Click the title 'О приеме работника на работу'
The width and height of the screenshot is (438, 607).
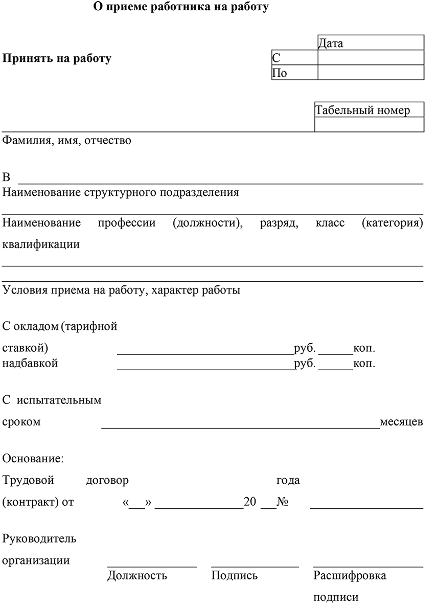pos(181,8)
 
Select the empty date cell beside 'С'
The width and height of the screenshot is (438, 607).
pos(371,58)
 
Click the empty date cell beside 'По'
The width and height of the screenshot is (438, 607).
pos(371,73)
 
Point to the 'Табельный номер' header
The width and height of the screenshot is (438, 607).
pos(362,110)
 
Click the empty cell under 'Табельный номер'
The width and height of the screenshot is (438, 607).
pos(369,124)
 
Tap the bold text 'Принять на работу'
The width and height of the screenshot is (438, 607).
pos(57,58)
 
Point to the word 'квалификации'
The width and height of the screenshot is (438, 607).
pos(41,244)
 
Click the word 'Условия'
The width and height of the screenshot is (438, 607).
pos(25,290)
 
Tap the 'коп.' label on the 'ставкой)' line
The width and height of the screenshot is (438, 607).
pos(364,349)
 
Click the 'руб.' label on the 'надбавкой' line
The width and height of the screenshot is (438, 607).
pos(305,364)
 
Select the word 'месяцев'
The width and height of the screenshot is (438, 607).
pos(401,422)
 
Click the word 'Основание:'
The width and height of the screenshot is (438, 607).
pos(33,458)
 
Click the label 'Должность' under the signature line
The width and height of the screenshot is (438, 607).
pos(137,576)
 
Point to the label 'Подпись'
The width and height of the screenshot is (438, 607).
pos(235,576)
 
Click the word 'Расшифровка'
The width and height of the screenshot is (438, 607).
pos(350,576)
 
